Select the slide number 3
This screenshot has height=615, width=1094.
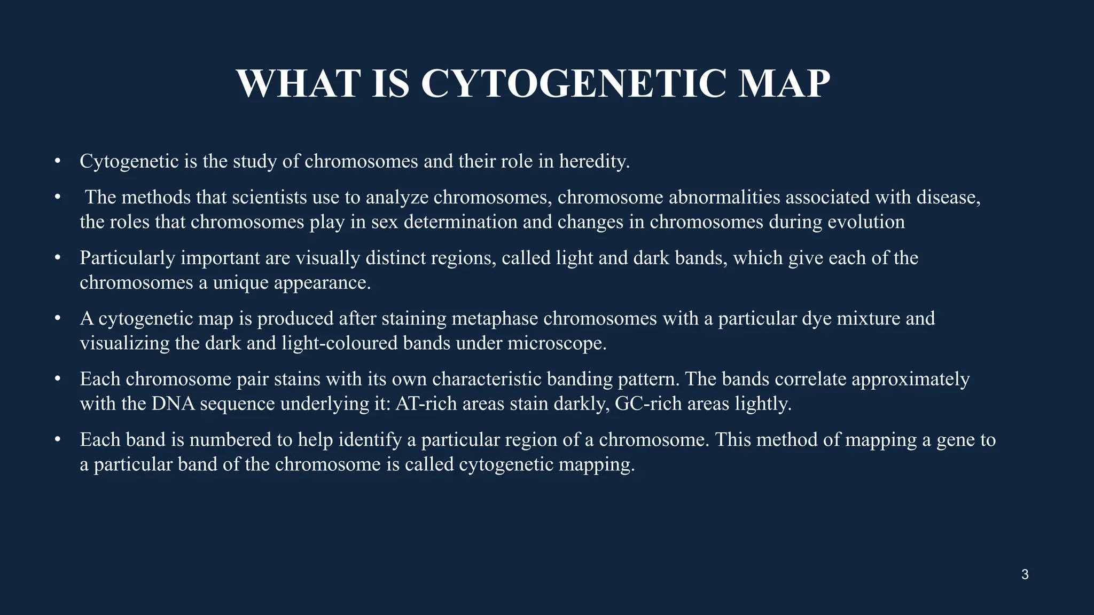pyautogui.click(x=1025, y=574)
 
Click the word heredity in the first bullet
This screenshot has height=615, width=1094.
pyautogui.click(x=594, y=161)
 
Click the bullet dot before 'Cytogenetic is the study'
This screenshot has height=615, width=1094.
pyautogui.click(x=57, y=161)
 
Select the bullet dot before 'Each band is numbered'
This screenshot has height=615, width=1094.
pyautogui.click(x=57, y=440)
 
